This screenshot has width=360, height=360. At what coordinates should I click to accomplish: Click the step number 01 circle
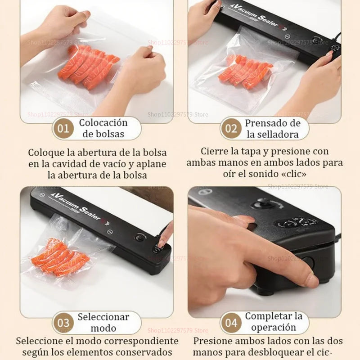63,129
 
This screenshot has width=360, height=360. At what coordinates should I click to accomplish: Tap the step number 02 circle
231,129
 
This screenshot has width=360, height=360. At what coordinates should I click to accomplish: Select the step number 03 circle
63,323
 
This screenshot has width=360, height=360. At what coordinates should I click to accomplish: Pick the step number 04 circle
231,323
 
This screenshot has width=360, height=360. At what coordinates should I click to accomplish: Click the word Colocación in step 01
103,123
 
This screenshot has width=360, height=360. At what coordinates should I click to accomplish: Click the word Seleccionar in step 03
103,317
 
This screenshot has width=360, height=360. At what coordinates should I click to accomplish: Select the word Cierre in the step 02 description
215,151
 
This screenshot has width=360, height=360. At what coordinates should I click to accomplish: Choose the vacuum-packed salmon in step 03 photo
61,257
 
